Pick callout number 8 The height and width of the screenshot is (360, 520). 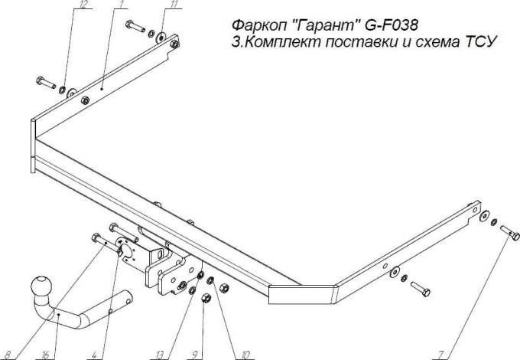pos(8,354)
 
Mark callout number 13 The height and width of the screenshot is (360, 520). pos(160,354)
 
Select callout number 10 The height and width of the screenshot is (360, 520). pos(244,354)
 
